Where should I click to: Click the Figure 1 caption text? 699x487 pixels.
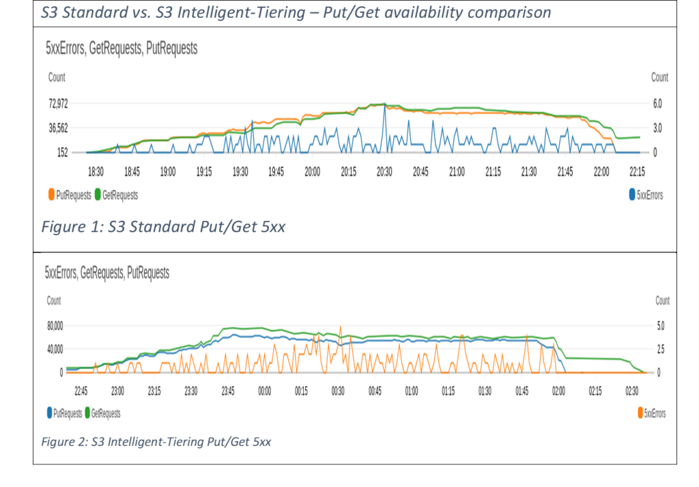pos(162,227)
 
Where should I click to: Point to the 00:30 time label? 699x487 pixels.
pos(338,391)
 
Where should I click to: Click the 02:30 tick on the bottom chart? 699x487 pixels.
pos(631,391)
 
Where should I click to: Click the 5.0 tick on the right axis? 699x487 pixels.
pos(659,326)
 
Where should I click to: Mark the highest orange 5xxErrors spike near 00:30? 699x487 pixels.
pos(340,328)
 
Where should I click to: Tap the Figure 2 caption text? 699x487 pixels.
pos(156,442)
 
